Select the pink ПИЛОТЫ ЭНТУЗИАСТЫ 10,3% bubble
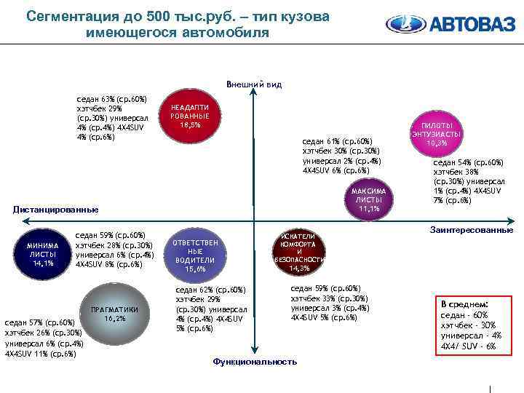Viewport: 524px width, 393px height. click(436, 135)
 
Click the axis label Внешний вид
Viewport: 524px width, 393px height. click(253, 84)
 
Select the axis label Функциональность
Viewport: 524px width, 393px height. click(254, 362)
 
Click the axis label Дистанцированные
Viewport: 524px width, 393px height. click(55, 210)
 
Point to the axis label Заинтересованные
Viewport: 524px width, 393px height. click(471, 230)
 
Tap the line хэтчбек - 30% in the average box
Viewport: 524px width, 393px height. click(469, 325)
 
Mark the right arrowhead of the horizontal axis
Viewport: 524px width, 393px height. click(510, 221)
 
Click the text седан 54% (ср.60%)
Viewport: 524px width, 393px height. click(469, 162)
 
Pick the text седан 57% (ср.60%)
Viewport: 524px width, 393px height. click(40, 322)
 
